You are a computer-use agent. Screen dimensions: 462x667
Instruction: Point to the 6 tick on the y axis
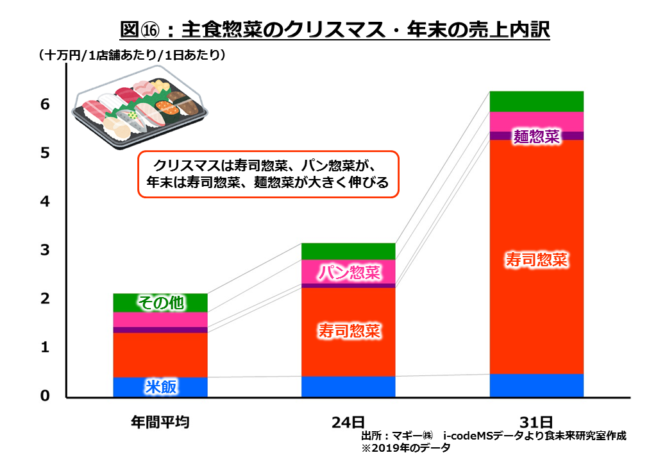tap(45, 105)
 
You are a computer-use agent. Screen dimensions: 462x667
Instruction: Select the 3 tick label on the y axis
tap(45, 250)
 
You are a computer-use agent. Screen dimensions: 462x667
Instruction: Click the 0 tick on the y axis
tap(45, 396)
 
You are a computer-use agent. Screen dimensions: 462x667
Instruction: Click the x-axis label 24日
tap(348, 422)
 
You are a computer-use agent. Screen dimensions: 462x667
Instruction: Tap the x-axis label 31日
tap(536, 422)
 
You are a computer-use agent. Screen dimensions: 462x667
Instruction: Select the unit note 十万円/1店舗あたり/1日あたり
tap(132, 56)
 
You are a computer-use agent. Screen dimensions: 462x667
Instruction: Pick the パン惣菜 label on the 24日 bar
tap(349, 273)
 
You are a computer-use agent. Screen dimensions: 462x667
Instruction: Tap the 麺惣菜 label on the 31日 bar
tap(537, 136)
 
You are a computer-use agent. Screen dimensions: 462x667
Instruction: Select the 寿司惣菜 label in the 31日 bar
tap(537, 260)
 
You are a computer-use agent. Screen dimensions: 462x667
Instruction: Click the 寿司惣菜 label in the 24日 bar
tap(349, 331)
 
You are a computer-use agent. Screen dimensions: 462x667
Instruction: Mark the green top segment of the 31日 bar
tap(537, 101)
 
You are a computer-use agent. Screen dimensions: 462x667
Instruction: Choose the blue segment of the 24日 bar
tap(349, 386)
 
